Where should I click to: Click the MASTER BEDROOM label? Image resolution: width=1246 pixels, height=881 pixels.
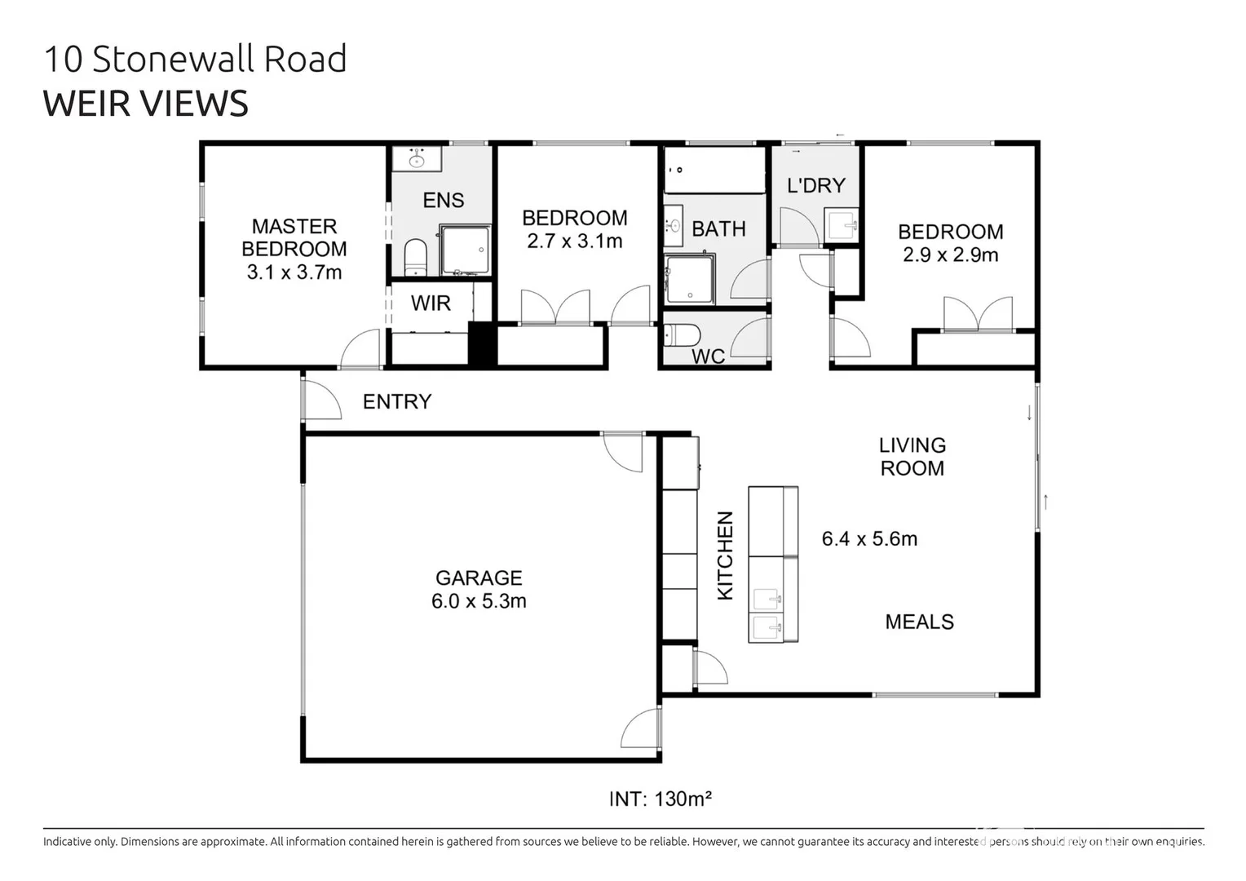pyautogui.click(x=294, y=237)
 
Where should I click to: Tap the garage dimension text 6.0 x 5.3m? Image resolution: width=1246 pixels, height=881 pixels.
pyautogui.click(x=479, y=601)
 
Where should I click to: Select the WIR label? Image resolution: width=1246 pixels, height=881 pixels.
pyautogui.click(x=431, y=303)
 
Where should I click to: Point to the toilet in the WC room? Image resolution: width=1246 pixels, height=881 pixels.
pyautogui.click(x=682, y=335)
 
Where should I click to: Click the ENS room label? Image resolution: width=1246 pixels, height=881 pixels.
pyautogui.click(x=443, y=200)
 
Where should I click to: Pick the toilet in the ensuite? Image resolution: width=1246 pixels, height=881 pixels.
pyautogui.click(x=416, y=257)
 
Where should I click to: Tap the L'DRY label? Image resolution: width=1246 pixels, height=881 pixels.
pyautogui.click(x=815, y=185)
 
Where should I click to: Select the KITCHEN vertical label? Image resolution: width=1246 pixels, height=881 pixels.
pyautogui.click(x=725, y=556)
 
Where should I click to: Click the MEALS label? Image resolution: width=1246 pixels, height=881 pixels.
pyautogui.click(x=919, y=622)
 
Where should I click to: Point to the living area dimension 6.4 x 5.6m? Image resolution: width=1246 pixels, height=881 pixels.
pyautogui.click(x=869, y=539)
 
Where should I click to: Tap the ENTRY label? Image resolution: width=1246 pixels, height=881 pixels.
pyautogui.click(x=397, y=401)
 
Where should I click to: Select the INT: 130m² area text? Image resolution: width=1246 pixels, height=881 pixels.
pyautogui.click(x=660, y=799)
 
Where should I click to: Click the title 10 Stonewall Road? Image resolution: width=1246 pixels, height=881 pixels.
pyautogui.click(x=195, y=60)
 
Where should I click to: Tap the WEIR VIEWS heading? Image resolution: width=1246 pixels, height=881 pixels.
pyautogui.click(x=145, y=104)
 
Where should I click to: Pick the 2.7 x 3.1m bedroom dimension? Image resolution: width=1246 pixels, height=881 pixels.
pyautogui.click(x=574, y=241)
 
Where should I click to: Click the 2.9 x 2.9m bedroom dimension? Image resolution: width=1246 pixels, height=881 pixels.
pyautogui.click(x=950, y=255)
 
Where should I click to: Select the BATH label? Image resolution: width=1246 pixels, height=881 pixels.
pyautogui.click(x=718, y=229)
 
